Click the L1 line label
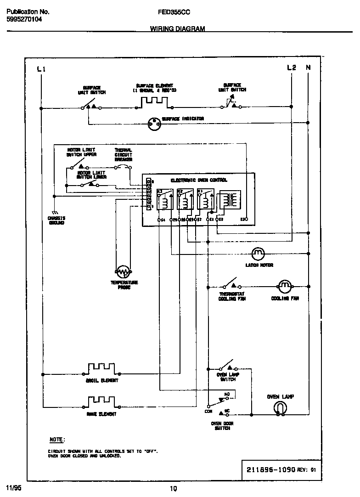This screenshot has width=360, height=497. (41, 69)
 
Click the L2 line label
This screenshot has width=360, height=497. (291, 68)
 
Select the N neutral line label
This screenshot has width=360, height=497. (308, 68)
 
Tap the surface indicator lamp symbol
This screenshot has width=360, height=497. (153, 123)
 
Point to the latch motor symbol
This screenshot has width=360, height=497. (259, 253)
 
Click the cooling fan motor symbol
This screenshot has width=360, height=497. (285, 286)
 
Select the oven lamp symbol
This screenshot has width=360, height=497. (280, 407)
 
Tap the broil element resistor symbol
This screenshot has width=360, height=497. (102, 368)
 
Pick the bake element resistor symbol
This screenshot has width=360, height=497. (101, 402)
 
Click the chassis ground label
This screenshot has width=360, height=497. (56, 220)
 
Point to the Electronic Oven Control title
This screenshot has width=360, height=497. (199, 181)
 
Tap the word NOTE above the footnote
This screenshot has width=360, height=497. (57, 439)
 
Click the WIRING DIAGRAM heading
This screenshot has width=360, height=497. (177, 28)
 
